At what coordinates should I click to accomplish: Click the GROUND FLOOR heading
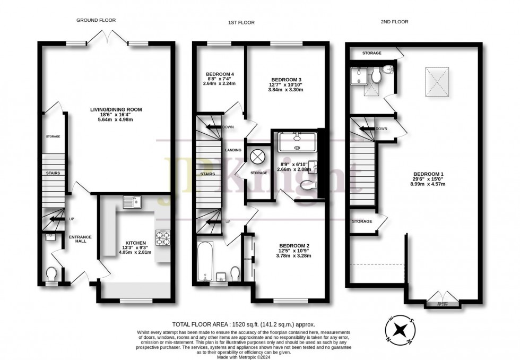pyautogui.click(x=96, y=20)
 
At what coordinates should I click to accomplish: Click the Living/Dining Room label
pyautogui.click(x=116, y=109)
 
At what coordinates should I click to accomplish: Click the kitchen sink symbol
pyautogui.click(x=131, y=201)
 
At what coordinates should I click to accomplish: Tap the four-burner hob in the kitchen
pyautogui.click(x=162, y=237)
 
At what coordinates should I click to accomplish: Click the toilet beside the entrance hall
pyautogui.click(x=51, y=273)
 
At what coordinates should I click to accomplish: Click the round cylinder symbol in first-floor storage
pyautogui.click(x=258, y=156)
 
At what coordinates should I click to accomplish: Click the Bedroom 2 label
pyautogui.click(x=290, y=245)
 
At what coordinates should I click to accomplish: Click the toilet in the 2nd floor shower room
pyautogui.click(x=377, y=77)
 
